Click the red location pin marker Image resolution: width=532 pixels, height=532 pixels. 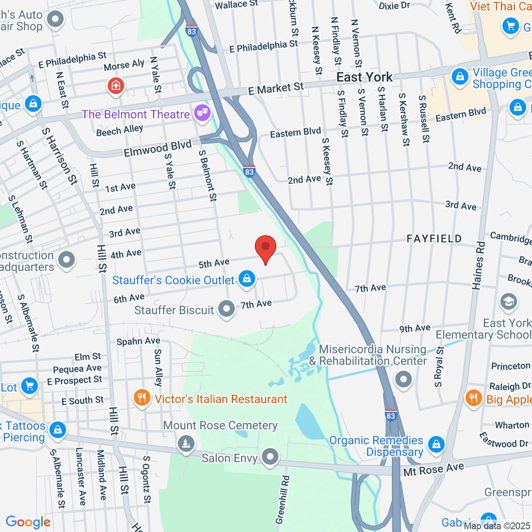pyautogui.click(x=266, y=246)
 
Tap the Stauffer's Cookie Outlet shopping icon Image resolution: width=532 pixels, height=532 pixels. pyautogui.click(x=247, y=279)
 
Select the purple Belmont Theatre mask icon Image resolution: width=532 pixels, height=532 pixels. pyautogui.click(x=202, y=113)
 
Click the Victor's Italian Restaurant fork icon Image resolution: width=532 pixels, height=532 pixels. pyautogui.click(x=141, y=397)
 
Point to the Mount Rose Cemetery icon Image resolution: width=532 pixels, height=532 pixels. pyautogui.click(x=186, y=443)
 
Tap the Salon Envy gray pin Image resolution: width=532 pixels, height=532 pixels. pyautogui.click(x=270, y=456)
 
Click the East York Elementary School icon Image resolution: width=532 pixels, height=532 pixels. pyautogui.click(x=508, y=302)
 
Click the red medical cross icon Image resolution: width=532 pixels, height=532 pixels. pyautogui.click(x=116, y=85)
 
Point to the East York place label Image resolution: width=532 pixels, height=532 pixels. pyautogui.click(x=364, y=77)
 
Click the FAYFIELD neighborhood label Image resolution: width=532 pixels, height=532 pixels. pyautogui.click(x=434, y=239)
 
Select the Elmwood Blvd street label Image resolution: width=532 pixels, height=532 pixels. pyautogui.click(x=157, y=148)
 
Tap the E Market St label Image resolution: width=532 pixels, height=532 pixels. pyautogui.click(x=276, y=89)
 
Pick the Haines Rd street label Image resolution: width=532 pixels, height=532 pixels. pyautogui.click(x=478, y=266)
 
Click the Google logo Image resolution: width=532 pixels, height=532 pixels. pyautogui.click(x=28, y=522)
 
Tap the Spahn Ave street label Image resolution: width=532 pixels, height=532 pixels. pyautogui.click(x=138, y=341)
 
